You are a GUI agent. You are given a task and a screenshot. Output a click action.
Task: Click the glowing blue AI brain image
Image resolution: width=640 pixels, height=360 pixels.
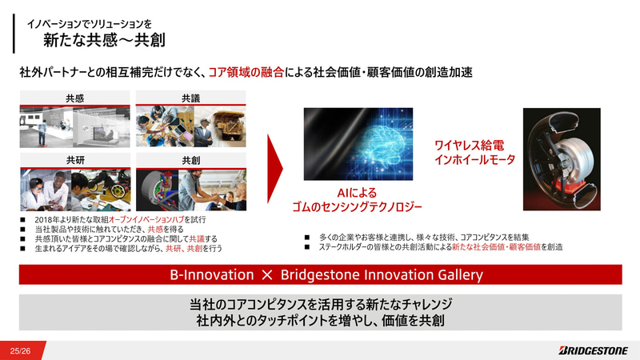[x=358, y=144]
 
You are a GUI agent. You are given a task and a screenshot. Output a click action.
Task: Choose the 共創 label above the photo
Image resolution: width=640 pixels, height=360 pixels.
[x=191, y=161]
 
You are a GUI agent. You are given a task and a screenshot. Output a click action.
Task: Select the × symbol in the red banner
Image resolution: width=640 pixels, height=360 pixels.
[x=268, y=275]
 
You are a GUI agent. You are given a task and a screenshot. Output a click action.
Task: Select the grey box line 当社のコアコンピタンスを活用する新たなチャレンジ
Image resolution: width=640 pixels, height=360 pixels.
[x=320, y=305]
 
